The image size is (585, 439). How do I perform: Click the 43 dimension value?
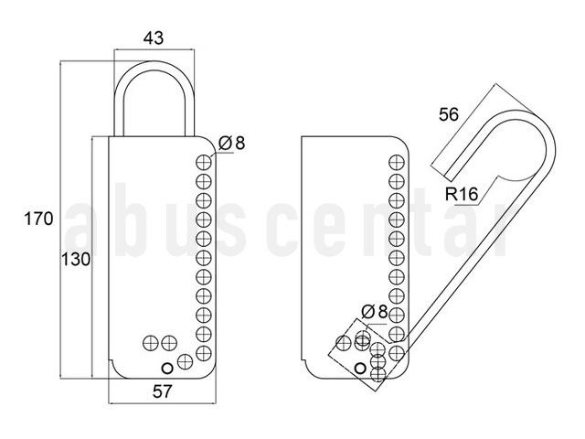click(x=154, y=38)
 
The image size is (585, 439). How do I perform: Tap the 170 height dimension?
click(x=38, y=219)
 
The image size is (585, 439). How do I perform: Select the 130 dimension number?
click(x=76, y=260)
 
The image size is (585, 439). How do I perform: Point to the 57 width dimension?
click(x=163, y=391)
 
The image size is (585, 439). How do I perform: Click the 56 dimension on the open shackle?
click(x=449, y=114)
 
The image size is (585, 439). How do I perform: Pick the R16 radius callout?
click(x=462, y=194)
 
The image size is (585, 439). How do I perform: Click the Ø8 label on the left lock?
click(x=231, y=143)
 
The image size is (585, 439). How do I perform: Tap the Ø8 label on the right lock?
click(x=375, y=312)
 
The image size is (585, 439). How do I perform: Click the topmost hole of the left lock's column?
click(x=204, y=163)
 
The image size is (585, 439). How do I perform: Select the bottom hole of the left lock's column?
click(x=204, y=353)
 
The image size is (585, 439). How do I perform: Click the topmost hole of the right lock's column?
click(x=397, y=163)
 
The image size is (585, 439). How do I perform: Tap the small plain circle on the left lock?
click(x=167, y=368)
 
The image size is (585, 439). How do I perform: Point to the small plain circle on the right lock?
click(x=360, y=369)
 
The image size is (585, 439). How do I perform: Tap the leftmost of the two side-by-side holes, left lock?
click(x=151, y=343)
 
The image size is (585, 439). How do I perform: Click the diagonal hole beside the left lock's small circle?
click(x=185, y=361)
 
